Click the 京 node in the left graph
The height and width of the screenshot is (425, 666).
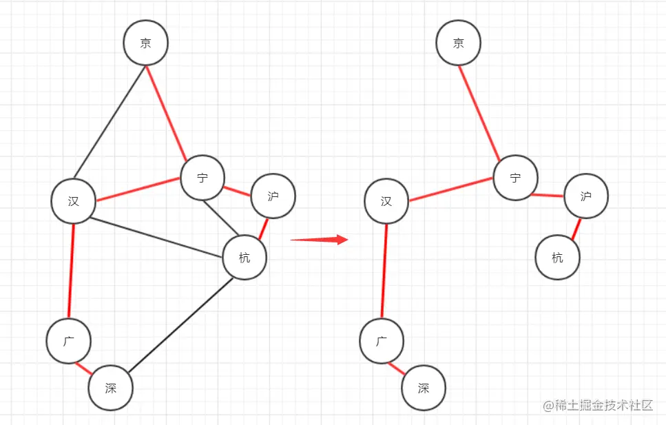pos(146,43)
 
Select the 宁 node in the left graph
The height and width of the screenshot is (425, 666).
pos(202,178)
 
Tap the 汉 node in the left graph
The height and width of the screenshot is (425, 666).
pos(74,201)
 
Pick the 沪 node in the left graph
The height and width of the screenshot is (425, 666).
pos(273,196)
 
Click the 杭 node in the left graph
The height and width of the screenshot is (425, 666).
pos(244,257)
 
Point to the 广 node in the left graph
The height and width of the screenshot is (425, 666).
pos(68,341)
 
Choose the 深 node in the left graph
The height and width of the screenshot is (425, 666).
pos(110,388)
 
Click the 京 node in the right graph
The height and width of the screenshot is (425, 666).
pos(458,43)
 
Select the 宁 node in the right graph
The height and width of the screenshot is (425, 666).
pos(516,178)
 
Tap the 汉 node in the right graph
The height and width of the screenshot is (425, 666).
pos(386,201)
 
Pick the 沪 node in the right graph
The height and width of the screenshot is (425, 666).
pos(586,196)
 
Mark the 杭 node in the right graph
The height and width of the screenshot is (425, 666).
pos(558,257)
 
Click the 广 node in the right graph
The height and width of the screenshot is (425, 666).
pos(382,341)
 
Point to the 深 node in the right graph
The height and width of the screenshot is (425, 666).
pos(424,388)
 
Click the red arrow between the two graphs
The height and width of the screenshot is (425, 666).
pos(320,240)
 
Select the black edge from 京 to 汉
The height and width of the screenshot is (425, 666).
pos(110,122)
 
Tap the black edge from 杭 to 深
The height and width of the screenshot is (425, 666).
pos(180,325)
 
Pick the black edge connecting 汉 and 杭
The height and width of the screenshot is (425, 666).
pos(156,238)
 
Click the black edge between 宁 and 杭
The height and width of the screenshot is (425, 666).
pos(221,217)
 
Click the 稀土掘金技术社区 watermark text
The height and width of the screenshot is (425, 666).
pos(598,405)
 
